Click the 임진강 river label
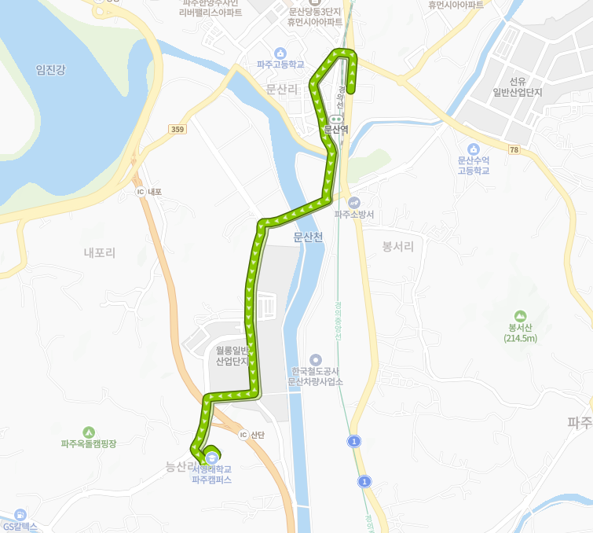pos(50,70)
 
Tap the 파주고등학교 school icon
pos(281,53)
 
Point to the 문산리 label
pos(282,89)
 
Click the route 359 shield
pos(177,130)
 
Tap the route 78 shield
pos(514,149)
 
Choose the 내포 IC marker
pos(141,191)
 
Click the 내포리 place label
pos(100,252)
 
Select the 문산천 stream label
pos(308,237)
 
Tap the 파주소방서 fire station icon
pos(353,202)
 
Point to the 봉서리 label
pos(397,246)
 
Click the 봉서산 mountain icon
pos(521,315)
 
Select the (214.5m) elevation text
pos(521,339)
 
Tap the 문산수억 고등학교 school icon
pos(473,149)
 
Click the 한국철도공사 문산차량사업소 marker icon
pos(316,359)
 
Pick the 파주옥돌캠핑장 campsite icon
pos(89,432)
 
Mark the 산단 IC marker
pos(243,435)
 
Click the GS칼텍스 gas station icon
pos(20,514)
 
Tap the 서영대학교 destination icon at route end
pos(212,456)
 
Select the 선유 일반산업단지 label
pos(517,86)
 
